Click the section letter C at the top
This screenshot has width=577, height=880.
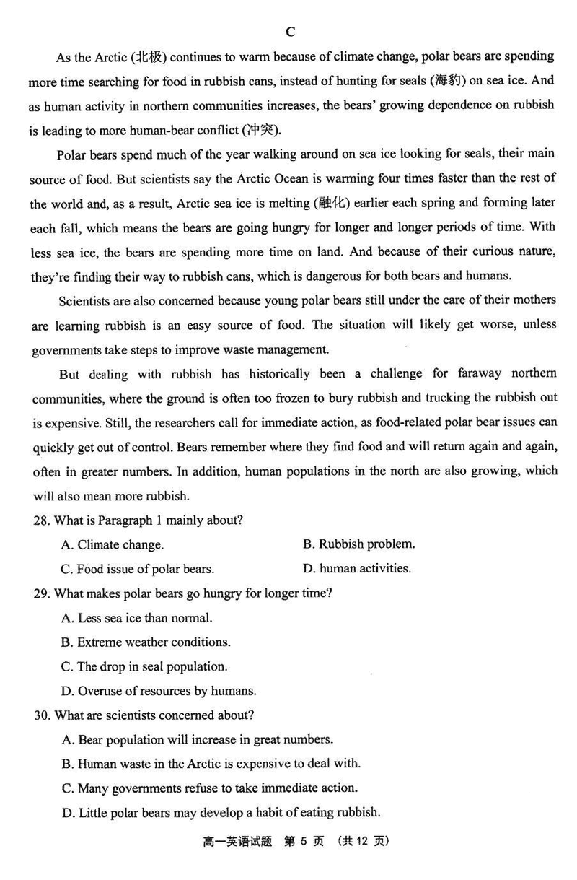coord(290,31)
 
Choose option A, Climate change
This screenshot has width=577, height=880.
coord(113,545)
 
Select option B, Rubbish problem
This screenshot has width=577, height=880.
coord(358,544)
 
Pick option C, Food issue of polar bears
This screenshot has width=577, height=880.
coord(137,569)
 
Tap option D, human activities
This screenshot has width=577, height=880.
coord(356,569)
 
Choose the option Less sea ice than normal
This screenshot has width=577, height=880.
coord(137,618)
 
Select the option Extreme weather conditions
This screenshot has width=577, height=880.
coord(146,642)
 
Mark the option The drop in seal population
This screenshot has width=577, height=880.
coord(144,666)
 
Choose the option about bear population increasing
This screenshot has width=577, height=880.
coord(197,740)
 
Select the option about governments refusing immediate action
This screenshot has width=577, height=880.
coord(209,788)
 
